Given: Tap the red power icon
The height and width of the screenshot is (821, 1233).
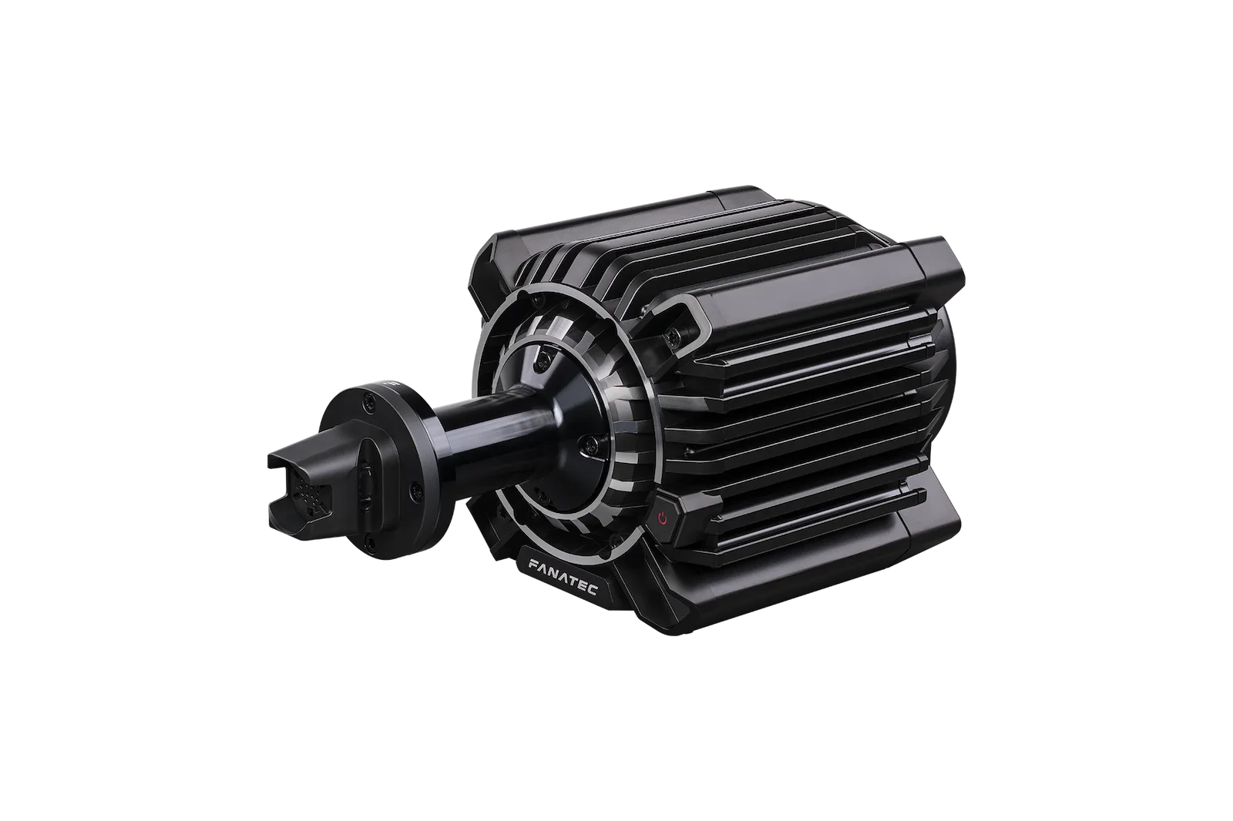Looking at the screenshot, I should point(663,519).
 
